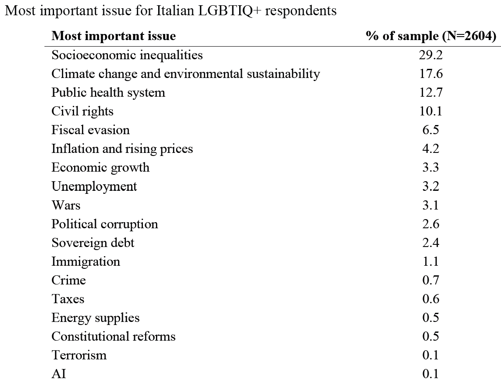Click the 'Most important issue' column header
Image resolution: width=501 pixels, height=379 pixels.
pyautogui.click(x=113, y=36)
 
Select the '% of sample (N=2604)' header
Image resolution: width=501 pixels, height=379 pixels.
pyautogui.click(x=431, y=36)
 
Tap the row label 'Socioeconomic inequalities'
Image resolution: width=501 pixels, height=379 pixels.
pyautogui.click(x=127, y=55)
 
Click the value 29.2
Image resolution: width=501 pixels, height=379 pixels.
pyautogui.click(x=431, y=55)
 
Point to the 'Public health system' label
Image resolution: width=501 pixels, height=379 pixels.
pyautogui.click(x=108, y=93)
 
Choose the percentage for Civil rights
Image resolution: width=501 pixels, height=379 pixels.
pyautogui.click(x=431, y=111)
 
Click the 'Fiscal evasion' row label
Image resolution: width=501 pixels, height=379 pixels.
pyautogui.click(x=91, y=130)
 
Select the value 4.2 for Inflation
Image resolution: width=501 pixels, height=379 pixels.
pyautogui.click(x=431, y=149)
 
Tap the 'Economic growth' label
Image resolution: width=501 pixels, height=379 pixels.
pyautogui.click(x=100, y=168)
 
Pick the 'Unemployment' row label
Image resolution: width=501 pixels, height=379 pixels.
pyautogui.click(x=94, y=186)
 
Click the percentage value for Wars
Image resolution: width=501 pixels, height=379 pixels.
pyautogui.click(x=431, y=205)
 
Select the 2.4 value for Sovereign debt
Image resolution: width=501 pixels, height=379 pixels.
pyautogui.click(x=431, y=243)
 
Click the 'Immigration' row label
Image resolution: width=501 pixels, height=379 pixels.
pyautogui.click(x=86, y=262)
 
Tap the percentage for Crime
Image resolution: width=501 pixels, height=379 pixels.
pyautogui.click(x=431, y=280)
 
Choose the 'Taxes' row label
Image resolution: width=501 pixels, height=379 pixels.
pyautogui.click(x=68, y=299)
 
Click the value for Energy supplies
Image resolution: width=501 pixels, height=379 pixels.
pyautogui.click(x=431, y=318)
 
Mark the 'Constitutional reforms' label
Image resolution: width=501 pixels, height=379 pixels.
pyautogui.click(x=113, y=336)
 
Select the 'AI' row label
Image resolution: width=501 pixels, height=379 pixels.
pyautogui.click(x=59, y=374)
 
